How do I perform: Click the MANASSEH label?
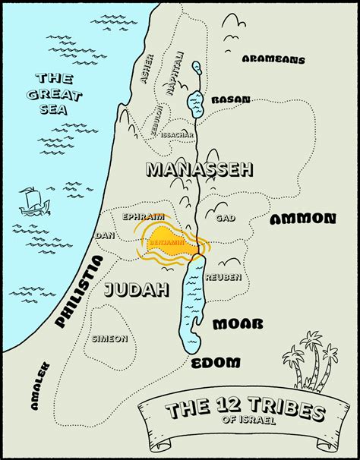[198, 169]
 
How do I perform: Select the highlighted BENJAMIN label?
[167, 243]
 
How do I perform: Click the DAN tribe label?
[104, 236]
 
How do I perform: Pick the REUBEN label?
[223, 277]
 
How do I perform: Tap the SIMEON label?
[110, 339]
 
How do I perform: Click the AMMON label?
[302, 219]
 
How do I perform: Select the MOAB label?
[238, 324]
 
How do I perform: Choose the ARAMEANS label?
[273, 59]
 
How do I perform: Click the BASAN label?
[231, 99]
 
